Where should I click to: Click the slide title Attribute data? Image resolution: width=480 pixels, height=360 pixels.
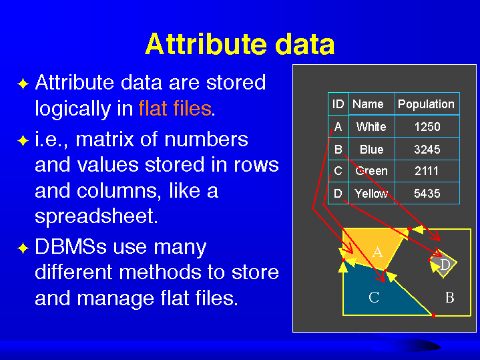[240, 45]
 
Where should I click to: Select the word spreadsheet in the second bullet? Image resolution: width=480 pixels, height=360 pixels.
[96, 216]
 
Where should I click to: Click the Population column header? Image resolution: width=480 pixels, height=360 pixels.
[426, 104]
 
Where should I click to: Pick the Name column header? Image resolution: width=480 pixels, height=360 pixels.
[368, 104]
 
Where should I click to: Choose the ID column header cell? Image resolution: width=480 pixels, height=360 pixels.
[338, 104]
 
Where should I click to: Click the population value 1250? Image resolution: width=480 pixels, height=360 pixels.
[427, 127]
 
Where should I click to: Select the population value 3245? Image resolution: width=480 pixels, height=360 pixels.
[427, 150]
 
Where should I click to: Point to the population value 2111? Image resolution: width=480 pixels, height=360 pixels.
[427, 172]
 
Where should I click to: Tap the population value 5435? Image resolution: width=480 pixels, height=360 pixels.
[427, 194]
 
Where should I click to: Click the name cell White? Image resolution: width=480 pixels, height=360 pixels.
[371, 127]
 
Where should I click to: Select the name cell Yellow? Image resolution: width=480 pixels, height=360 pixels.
[371, 194]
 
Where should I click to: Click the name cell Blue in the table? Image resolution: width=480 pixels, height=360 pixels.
[371, 150]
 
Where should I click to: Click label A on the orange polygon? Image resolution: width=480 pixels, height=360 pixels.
[377, 252]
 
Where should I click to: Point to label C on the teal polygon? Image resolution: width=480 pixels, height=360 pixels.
[374, 297]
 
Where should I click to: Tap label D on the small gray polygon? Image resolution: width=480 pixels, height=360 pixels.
[445, 265]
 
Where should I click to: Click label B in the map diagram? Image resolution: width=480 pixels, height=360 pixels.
[449, 297]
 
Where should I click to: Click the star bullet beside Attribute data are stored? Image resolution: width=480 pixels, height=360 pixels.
[23, 84]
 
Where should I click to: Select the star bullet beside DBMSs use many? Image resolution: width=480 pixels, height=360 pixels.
[23, 248]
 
